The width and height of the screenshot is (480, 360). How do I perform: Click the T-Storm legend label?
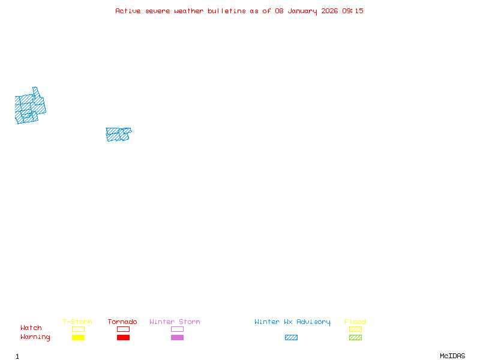tap(77, 322)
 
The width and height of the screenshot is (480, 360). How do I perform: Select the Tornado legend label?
tap(122, 322)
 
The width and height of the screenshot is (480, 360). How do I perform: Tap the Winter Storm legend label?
tap(175, 322)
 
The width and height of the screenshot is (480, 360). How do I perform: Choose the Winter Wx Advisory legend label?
tap(292, 322)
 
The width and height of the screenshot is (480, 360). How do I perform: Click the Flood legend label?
tap(355, 322)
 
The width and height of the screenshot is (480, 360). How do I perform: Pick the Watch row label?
tap(31, 328)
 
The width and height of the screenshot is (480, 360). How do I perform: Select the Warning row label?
tap(35, 337)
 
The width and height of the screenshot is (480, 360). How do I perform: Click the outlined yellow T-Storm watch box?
tap(78, 329)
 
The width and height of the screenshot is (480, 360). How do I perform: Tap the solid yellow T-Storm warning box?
tap(78, 337)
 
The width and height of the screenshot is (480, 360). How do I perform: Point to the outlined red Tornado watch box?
tap(123, 329)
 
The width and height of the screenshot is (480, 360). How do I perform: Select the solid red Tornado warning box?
tap(123, 337)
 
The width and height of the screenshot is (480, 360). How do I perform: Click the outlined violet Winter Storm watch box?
tap(177, 329)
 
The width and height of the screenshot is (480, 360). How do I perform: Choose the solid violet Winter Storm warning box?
tap(177, 337)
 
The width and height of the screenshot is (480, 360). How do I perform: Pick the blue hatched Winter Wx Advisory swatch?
tap(291, 337)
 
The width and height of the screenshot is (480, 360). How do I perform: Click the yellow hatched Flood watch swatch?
tap(355, 329)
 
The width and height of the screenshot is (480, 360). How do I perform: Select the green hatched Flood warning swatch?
tap(355, 337)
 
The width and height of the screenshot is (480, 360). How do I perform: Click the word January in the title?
tap(302, 11)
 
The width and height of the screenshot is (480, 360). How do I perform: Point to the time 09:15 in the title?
tap(353, 11)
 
